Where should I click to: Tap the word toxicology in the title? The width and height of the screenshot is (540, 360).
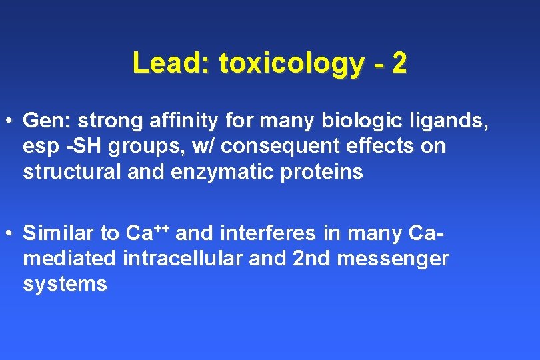291,64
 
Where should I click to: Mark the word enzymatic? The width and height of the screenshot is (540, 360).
217,172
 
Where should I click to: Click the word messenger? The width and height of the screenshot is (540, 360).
392,259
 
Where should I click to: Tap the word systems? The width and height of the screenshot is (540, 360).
65,284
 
